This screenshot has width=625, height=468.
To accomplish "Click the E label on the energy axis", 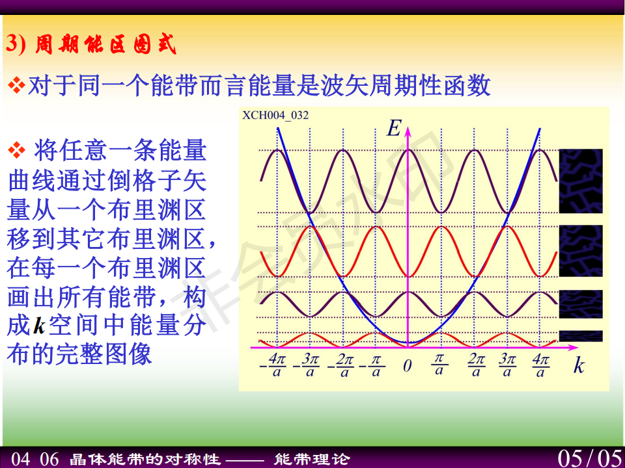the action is coord(394,128).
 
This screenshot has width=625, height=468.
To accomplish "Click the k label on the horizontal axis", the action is coord(579,365).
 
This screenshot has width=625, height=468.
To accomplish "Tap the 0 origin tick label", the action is coord(407,366).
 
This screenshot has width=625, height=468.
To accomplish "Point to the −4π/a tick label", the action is coord(273,365).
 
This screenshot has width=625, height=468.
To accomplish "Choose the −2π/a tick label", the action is coord(340,365).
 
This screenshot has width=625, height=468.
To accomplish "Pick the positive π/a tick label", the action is coord(439,365).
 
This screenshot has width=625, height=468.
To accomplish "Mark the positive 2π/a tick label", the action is coord(476,365).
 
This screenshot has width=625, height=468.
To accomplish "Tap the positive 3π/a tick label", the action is coord(507,365).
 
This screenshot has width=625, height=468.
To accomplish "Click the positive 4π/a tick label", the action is coord(540,365).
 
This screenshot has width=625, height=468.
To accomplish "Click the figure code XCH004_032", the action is coord(275,116).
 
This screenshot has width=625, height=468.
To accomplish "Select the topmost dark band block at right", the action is coord(581,181).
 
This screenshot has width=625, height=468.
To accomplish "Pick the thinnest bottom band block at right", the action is coord(581,336).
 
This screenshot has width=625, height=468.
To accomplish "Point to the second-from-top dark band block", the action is coord(581,251).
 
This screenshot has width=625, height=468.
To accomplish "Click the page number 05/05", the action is coord(590,458).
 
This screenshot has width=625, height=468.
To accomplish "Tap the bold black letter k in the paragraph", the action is coord(40,326).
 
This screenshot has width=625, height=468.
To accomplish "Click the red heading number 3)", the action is coord(16,44).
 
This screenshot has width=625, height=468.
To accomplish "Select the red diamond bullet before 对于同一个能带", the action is coord(16,86).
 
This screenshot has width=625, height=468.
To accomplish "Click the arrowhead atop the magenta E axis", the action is coord(408,131).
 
